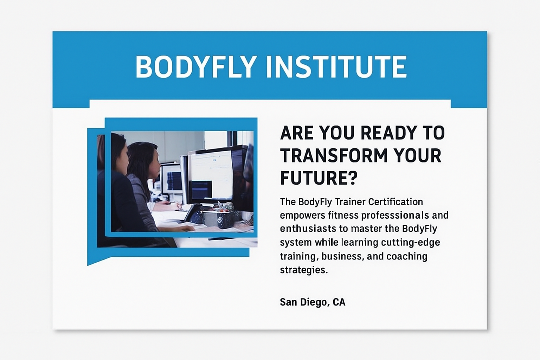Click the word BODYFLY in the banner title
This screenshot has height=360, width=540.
click(x=195, y=67)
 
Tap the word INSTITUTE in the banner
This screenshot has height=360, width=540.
click(x=336, y=67)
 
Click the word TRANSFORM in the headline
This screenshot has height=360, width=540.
click(x=334, y=155)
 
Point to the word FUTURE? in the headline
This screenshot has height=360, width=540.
click(x=318, y=178)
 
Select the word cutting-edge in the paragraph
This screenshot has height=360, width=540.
click(x=411, y=243)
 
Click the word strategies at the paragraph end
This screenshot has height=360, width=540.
click(x=304, y=270)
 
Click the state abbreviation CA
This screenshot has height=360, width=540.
click(x=339, y=302)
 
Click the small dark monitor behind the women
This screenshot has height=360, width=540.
click(x=172, y=179)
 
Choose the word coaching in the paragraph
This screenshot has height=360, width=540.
click(x=407, y=256)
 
